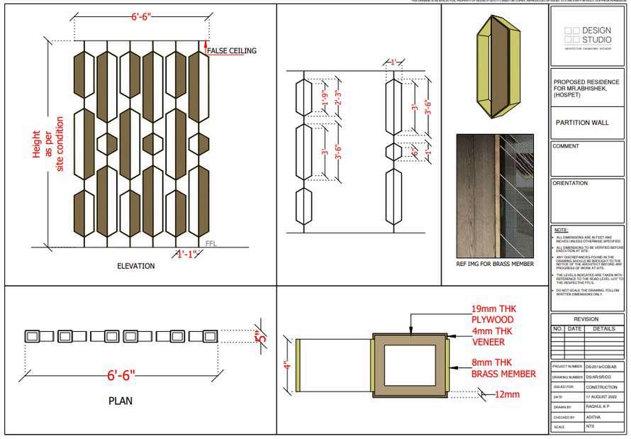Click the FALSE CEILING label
point(232,50)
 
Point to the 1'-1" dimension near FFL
point(186,253)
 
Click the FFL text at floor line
point(211,243)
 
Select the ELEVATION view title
point(135,266)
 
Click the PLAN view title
point(121,401)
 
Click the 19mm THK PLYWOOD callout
point(497,315)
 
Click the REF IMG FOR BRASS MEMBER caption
point(495,264)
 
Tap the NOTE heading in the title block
point(561,230)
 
